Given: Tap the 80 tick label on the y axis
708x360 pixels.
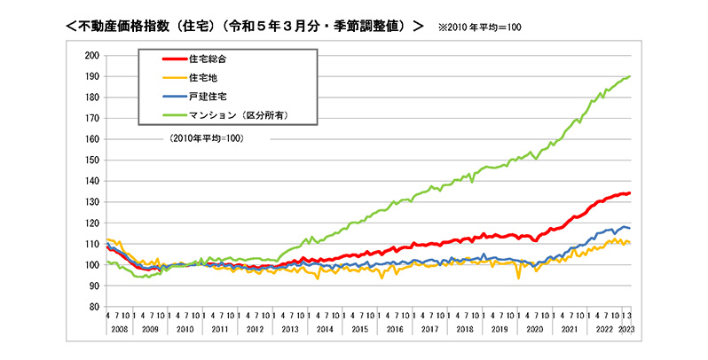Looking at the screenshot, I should (92, 307).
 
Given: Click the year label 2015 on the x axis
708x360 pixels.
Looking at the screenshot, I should (359, 330).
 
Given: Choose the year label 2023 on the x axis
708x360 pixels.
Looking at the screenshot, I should (625, 330).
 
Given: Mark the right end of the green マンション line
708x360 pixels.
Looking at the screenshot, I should (630, 76).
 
